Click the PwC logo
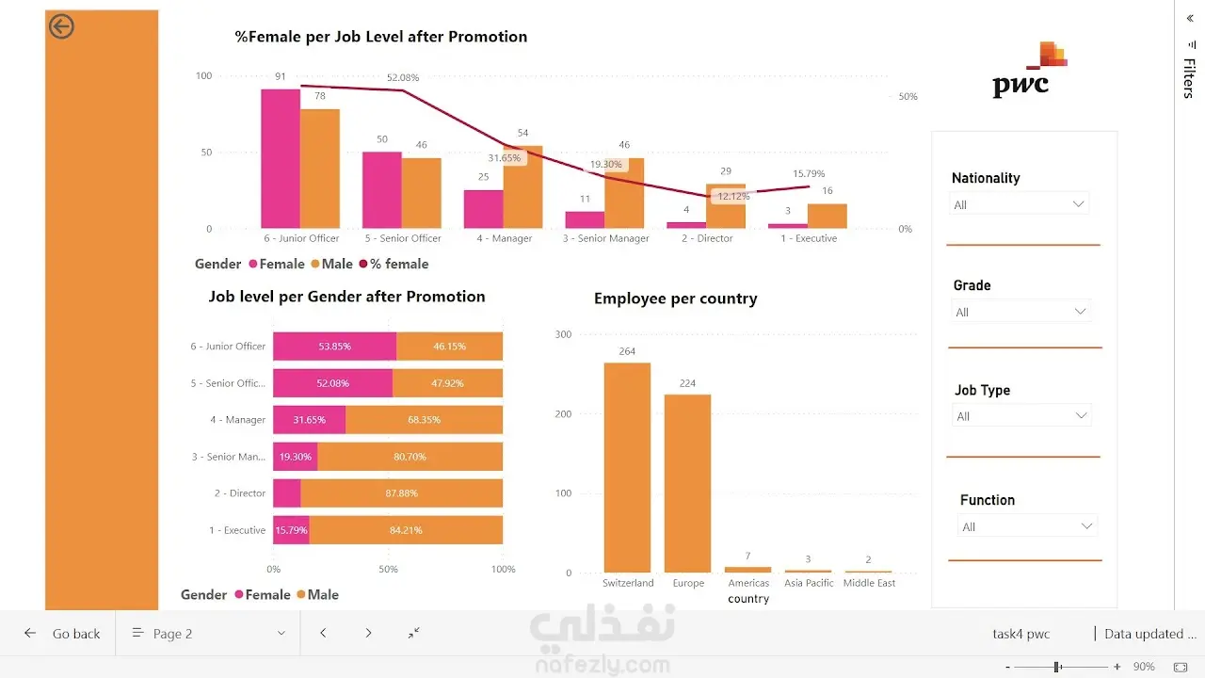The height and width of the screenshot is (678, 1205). coord(1029,70)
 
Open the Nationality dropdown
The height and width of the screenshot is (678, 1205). coord(1019,204)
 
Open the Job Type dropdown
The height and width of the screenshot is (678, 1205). coord(1021,416)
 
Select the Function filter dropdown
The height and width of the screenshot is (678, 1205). coord(1027,526)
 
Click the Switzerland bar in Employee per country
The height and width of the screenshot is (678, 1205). coord(627,468)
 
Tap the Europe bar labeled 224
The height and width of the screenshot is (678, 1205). coord(687,483)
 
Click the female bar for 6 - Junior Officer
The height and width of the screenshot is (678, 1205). coord(281,159)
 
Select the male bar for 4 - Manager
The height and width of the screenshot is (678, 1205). coord(522,186)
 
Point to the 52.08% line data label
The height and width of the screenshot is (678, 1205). coord(402,77)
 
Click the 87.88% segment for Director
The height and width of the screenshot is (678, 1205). coord(401,492)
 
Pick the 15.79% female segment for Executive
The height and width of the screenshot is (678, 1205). coord(291,530)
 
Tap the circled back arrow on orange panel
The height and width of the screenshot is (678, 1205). coord(61,26)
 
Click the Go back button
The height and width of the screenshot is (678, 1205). coord(62,634)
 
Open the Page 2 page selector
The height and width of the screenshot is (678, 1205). coord(208,634)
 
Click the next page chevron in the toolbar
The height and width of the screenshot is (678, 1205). coord(368,633)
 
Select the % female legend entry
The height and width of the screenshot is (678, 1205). coord(394,264)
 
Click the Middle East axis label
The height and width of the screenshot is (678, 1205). coord(869,583)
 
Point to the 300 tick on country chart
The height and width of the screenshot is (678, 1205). coord(563,334)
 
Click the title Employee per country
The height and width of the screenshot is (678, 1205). coord(675,299)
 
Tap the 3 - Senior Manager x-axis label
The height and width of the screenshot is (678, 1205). coord(605,238)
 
